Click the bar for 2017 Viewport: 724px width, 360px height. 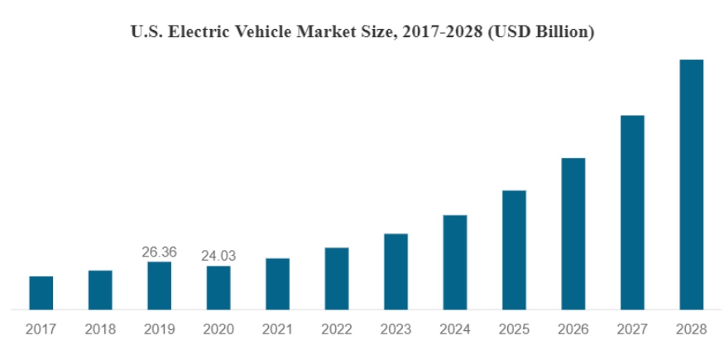tap(41, 292)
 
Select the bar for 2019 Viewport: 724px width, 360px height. tap(160, 286)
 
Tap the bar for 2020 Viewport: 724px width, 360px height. tap(218, 287)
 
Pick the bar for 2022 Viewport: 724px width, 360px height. tap(337, 278)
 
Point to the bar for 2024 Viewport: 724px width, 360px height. tap(455, 262)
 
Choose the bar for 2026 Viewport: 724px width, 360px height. tap(573, 233)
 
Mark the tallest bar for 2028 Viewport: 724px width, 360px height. tap(691, 184)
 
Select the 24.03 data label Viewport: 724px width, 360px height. tap(218, 256)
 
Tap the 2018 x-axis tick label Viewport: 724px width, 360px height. tap(100, 329)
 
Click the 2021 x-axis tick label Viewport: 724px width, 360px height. tap(277, 329)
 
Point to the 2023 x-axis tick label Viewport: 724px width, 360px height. tap(396, 329)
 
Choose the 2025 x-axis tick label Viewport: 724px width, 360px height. tap(514, 329)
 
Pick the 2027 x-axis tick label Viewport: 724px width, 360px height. tap(632, 329)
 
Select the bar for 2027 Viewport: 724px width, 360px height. tap(632, 212)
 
